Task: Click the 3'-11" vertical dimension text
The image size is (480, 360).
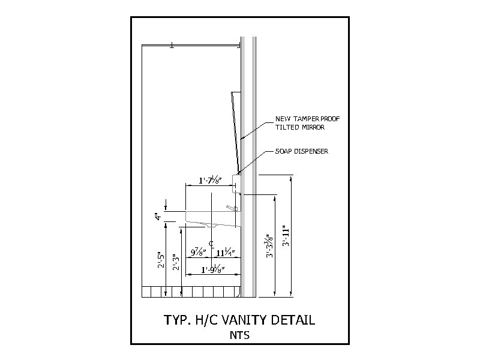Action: (286, 236)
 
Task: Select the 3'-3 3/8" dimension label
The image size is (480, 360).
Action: (269, 246)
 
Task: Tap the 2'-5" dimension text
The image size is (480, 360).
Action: (161, 260)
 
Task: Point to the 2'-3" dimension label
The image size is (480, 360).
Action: (176, 262)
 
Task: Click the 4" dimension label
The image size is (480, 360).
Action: (158, 217)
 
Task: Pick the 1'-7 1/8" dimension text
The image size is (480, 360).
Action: (210, 180)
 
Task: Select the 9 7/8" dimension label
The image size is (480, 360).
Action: (199, 252)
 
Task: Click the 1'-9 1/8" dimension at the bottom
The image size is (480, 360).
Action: (213, 269)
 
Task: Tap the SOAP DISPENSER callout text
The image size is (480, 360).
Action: (302, 151)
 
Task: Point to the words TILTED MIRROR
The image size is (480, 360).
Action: (299, 127)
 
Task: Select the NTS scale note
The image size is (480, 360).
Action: (239, 335)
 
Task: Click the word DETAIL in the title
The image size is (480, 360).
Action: (293, 320)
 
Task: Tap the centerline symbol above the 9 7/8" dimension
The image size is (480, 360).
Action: (211, 244)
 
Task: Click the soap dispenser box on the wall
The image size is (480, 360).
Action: (236, 184)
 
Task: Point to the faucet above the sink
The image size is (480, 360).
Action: (232, 208)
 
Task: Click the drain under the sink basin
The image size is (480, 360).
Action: (212, 226)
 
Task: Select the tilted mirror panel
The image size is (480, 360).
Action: (236, 132)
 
